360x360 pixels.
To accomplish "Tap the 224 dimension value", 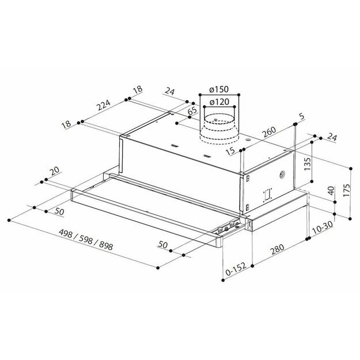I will (x=104, y=105).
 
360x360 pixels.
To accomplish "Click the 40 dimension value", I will (x=331, y=191).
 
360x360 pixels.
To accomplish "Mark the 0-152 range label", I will (x=236, y=268).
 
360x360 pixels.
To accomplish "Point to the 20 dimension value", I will (x=54, y=171).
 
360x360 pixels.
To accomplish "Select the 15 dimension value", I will (x=231, y=151).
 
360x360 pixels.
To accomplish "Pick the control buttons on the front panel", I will (x=229, y=228).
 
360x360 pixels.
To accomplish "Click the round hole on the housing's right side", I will (x=282, y=175).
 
